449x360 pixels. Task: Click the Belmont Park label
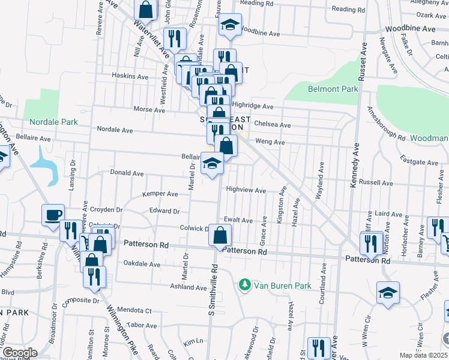click(333, 89)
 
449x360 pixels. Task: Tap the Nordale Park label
click(50, 122)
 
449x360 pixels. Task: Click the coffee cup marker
click(53, 215)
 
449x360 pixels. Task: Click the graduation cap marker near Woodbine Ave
click(230, 25)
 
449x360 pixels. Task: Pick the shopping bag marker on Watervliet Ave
click(145, 10)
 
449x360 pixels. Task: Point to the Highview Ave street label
click(246, 190)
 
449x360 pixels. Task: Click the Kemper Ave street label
click(160, 194)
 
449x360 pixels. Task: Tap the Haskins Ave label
click(130, 76)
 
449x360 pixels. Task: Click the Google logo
click(20, 353)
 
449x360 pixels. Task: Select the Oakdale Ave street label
click(142, 264)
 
